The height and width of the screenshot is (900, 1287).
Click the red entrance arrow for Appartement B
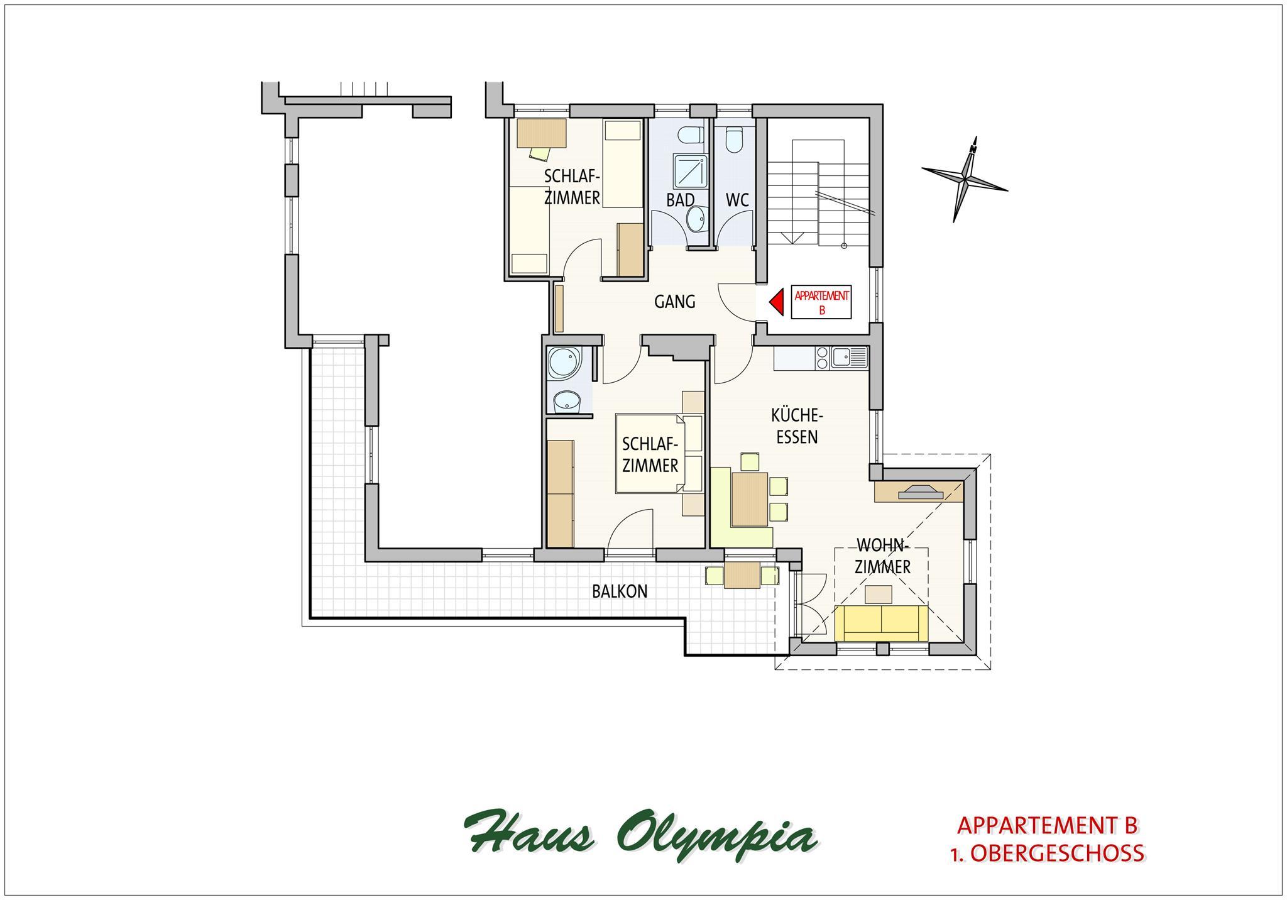[x=778, y=302]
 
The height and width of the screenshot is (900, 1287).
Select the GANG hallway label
[x=675, y=302]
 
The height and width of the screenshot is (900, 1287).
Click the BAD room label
[x=681, y=200]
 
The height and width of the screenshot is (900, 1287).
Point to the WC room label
[x=737, y=200]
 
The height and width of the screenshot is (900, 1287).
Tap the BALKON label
[x=620, y=591]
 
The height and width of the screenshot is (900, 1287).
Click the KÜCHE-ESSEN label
[x=797, y=425]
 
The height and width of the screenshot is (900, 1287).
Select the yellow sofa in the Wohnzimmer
[x=881, y=623]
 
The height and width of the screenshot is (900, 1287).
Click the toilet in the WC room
[x=733, y=140]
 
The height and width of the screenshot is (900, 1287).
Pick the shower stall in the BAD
[x=691, y=171]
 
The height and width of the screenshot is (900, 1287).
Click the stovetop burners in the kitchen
[x=822, y=357]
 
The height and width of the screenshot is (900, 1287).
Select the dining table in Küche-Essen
[x=749, y=499]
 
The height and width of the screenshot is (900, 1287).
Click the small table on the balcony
[x=742, y=575]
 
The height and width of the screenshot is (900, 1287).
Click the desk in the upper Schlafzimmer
[x=542, y=133]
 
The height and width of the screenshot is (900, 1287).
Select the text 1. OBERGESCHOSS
[x=1047, y=853]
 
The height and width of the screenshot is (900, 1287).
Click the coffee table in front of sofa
[x=878, y=595]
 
